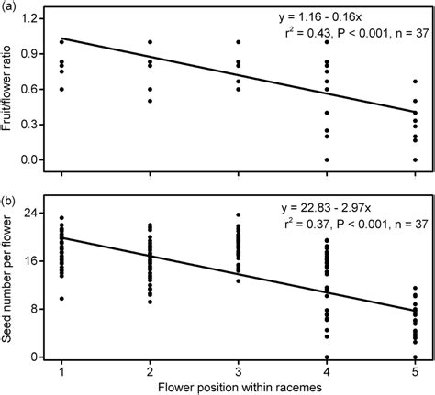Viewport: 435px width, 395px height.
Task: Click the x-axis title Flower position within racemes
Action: click(237, 386)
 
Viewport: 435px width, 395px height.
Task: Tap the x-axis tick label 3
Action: click(238, 369)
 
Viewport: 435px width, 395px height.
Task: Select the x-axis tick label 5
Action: click(415, 369)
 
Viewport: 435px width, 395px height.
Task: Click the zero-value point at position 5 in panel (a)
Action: click(415, 159)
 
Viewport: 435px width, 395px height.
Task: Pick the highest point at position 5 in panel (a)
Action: click(415, 82)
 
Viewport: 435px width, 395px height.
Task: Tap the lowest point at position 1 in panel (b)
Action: click(61, 299)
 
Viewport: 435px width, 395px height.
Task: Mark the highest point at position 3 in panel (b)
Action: click(238, 215)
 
